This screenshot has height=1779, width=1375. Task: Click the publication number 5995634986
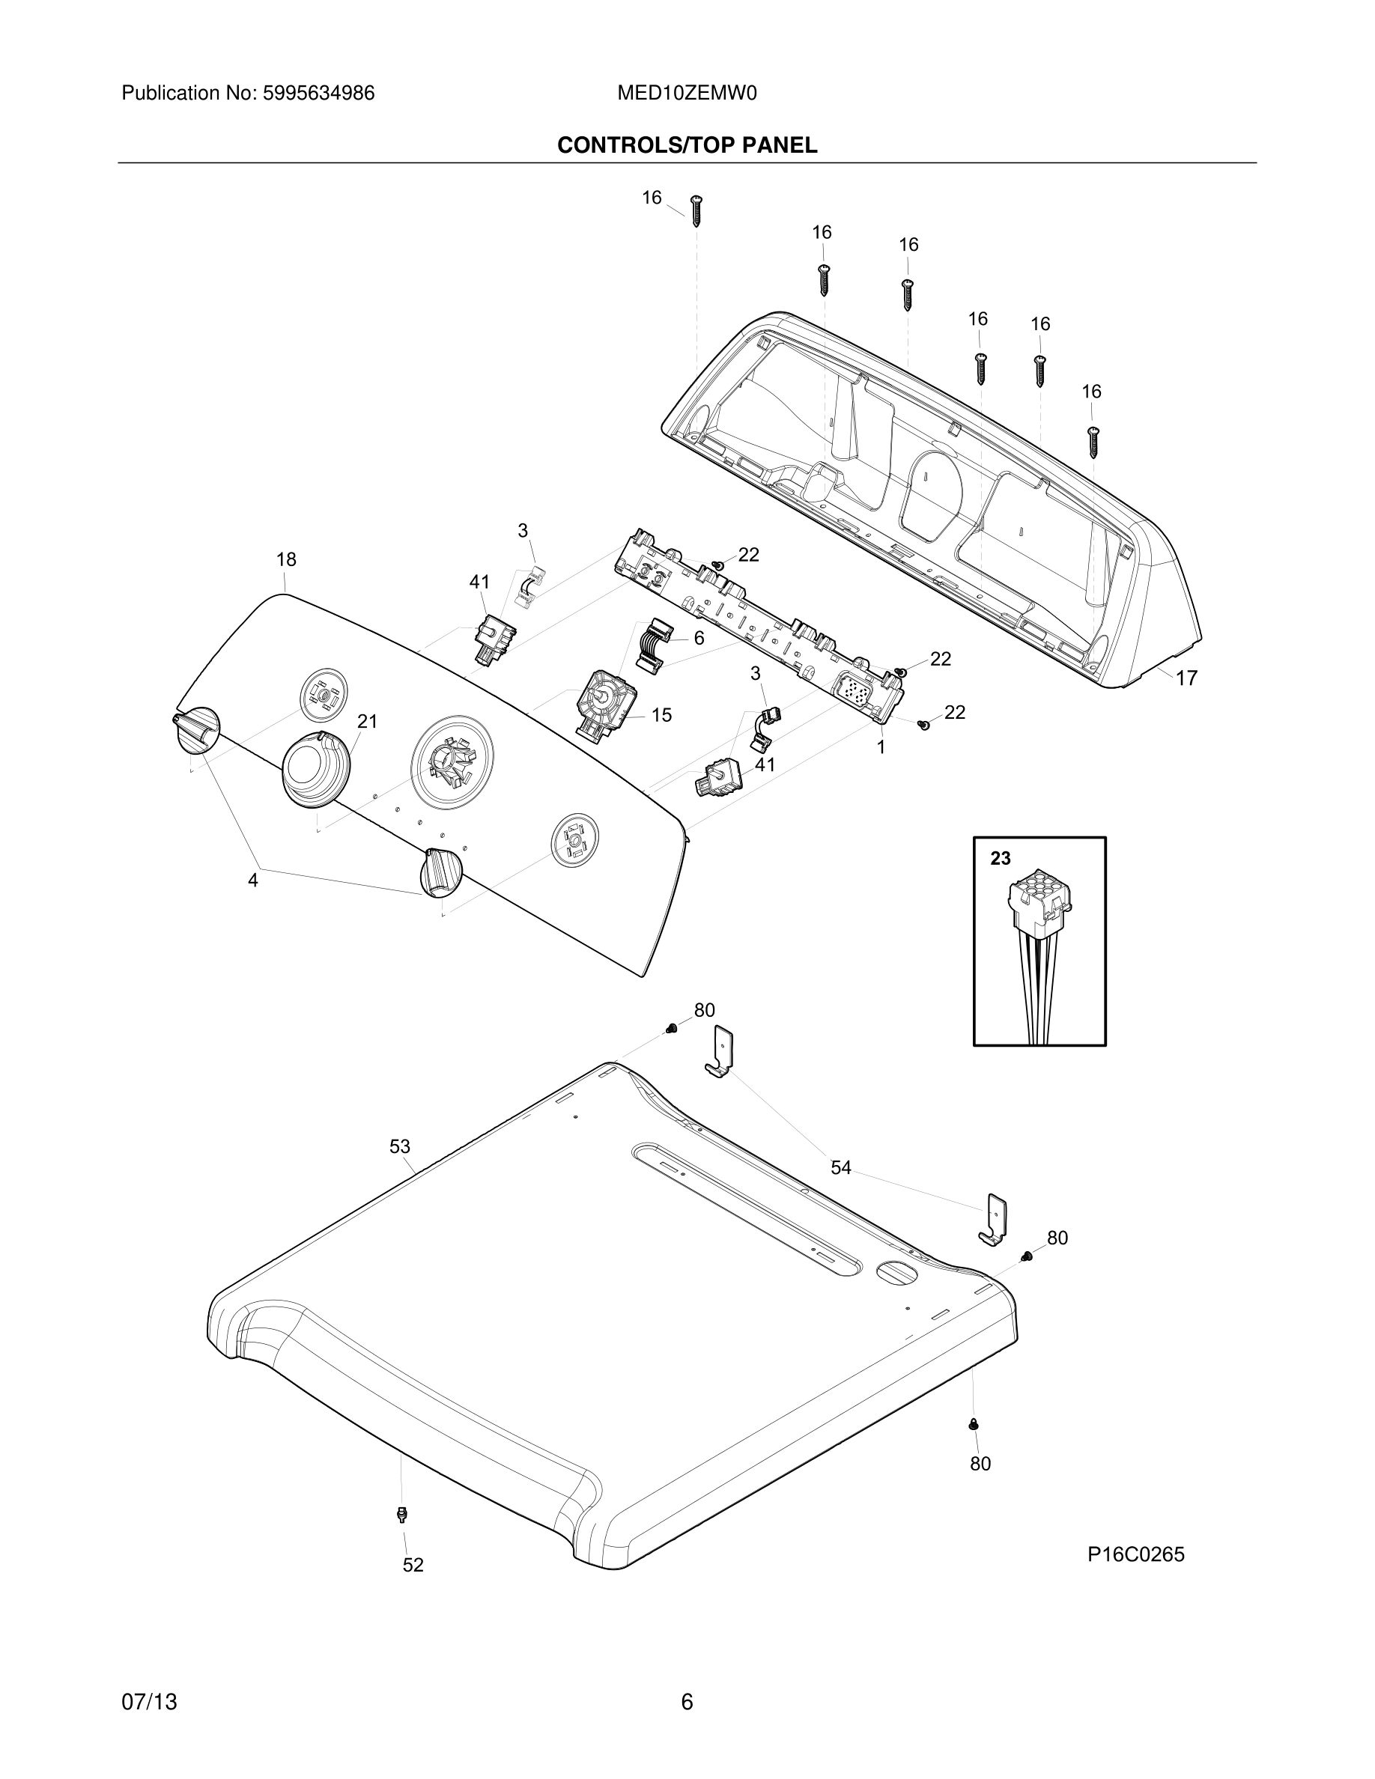pos(318,94)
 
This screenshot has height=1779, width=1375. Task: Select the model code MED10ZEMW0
pos(687,94)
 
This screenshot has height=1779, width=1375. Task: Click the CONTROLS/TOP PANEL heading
pos(687,146)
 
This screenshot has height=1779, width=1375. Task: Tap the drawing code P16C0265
pos(1135,1555)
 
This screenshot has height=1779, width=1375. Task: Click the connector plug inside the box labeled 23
pos(1039,904)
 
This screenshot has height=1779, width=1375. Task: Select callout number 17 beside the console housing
pos(1186,678)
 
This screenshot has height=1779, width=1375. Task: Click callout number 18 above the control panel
pos(286,559)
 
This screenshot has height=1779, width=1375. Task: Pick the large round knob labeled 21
pos(316,770)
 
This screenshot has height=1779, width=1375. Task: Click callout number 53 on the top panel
pos(399,1147)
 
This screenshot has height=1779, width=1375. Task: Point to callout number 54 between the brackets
pos(840,1168)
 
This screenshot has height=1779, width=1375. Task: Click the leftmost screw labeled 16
pos(696,210)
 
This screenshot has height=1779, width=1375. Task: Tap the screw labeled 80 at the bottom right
pos(974,1425)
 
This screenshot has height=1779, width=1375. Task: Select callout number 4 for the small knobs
pos(253,881)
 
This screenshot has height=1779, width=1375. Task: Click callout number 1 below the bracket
pos(881,746)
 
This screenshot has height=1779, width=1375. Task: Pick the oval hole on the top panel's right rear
pos(894,1273)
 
